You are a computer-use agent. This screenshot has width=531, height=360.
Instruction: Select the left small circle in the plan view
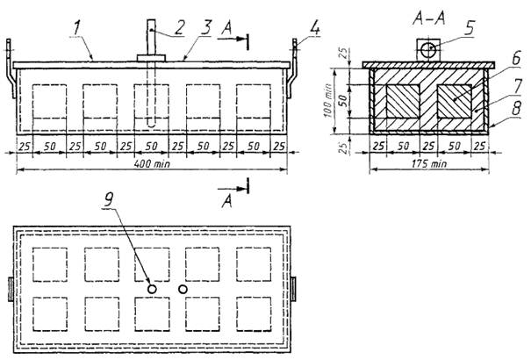point(153,288)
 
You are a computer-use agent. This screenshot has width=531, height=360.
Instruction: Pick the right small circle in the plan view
point(183,288)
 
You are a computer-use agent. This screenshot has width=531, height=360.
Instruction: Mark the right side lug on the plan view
point(295,288)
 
